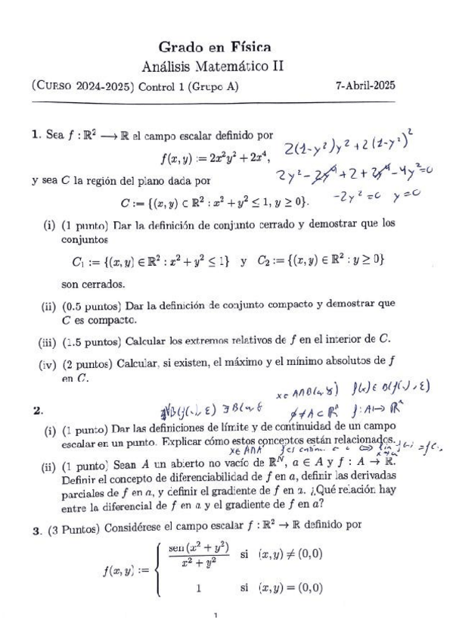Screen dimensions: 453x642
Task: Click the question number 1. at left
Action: point(36,136)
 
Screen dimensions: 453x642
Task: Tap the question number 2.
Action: point(37,410)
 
